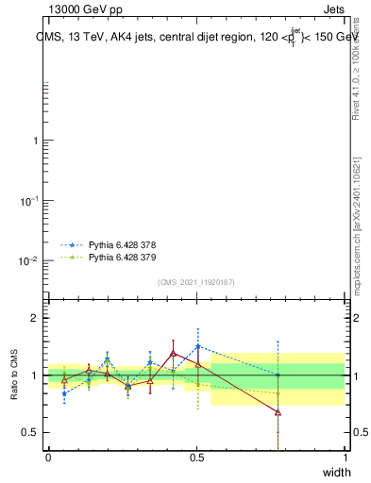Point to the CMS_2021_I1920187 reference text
[x=196, y=283]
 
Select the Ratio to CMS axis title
[x=15, y=375]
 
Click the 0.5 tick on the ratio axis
[x=27, y=432]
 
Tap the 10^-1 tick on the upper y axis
[x=28, y=201]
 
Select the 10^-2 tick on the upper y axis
[x=28, y=260]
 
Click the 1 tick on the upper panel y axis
[x=34, y=141]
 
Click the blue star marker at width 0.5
[x=197, y=346]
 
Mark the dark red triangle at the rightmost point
[x=278, y=412]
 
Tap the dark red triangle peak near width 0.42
[x=174, y=353]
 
